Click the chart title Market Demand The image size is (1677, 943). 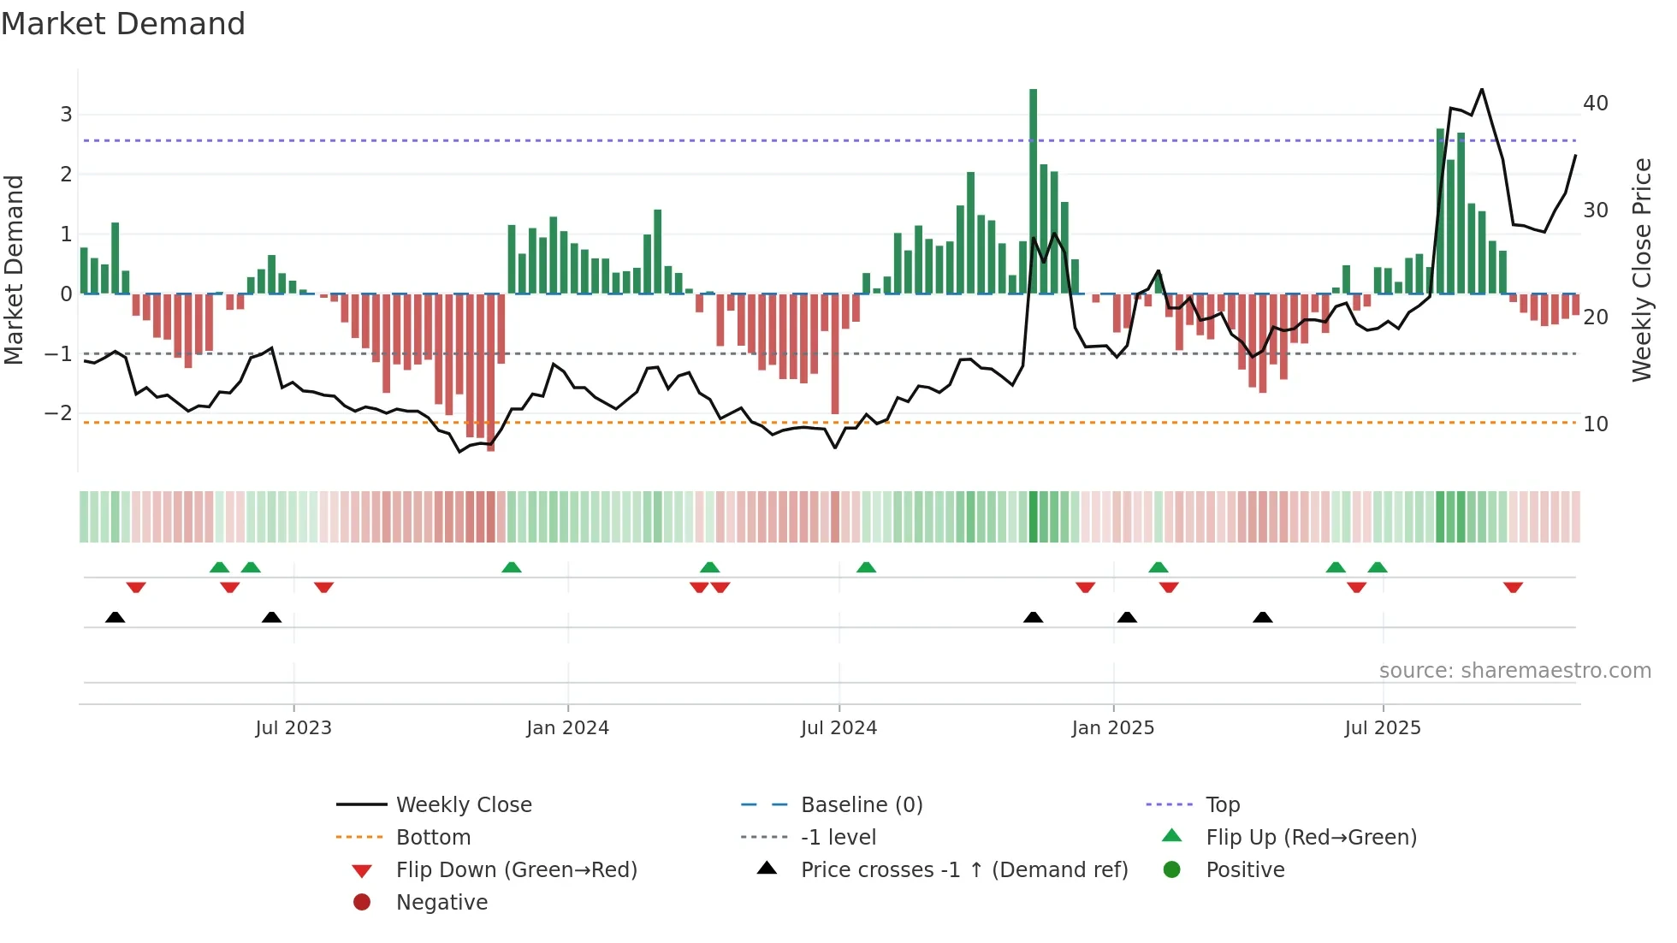point(123,24)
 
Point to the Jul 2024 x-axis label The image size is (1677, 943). point(838,728)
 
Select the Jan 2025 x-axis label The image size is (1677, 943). point(1112,728)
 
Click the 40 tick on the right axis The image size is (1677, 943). point(1595,104)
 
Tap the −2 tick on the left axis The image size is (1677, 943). point(59,413)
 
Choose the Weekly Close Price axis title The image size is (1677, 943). point(1641,270)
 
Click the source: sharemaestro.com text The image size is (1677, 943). point(1514,671)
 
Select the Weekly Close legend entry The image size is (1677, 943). point(463,805)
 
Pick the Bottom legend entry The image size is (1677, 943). point(433,838)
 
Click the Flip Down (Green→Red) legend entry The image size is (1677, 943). point(516,870)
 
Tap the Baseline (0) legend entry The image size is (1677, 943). point(861,805)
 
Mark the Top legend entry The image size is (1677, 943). point(1223,805)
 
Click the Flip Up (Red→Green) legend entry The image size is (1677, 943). point(1311,838)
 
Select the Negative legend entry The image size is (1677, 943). point(441,903)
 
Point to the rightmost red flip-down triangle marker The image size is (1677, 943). point(1513,587)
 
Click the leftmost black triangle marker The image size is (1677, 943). point(115,617)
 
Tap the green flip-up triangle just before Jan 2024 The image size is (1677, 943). point(511,567)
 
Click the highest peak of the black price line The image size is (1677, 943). point(1482,89)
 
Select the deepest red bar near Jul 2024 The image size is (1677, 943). point(835,354)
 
